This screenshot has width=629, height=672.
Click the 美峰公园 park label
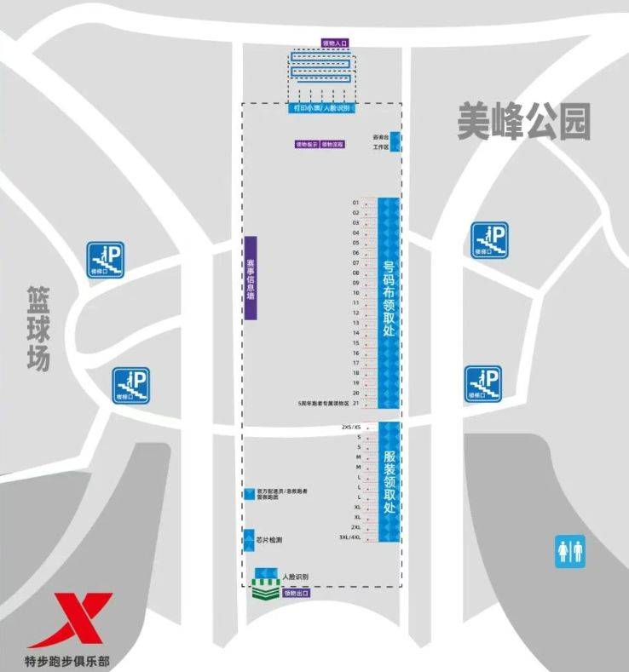point(522,122)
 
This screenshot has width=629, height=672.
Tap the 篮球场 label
point(38,329)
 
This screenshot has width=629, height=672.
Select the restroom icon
point(570,550)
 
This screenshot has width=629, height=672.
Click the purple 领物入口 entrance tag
point(335,42)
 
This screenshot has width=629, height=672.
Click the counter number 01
point(356,203)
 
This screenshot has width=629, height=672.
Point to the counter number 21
point(356,403)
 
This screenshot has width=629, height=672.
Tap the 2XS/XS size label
point(351,427)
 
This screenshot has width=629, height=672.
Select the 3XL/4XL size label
point(350,537)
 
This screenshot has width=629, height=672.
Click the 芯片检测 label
point(268,540)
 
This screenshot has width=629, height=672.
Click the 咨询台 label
point(381,135)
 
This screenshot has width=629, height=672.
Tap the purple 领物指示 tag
point(307,144)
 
